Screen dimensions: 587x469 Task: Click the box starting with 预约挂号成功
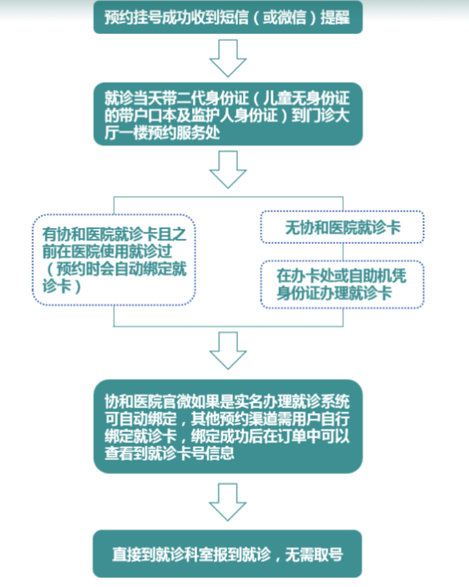(228, 18)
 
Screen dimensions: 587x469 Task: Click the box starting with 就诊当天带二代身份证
(228, 114)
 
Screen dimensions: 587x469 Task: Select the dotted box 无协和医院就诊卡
(342, 227)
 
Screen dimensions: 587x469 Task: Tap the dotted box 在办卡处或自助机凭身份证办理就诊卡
(342, 285)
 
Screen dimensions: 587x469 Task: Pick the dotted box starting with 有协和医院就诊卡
(114, 260)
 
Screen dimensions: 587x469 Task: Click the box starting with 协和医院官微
(228, 426)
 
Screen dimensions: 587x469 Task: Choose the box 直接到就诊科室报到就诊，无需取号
(228, 554)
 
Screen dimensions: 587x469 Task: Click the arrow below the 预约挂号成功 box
(228, 59)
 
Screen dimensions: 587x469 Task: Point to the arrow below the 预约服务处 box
(228, 170)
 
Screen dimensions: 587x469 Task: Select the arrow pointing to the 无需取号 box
(228, 501)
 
